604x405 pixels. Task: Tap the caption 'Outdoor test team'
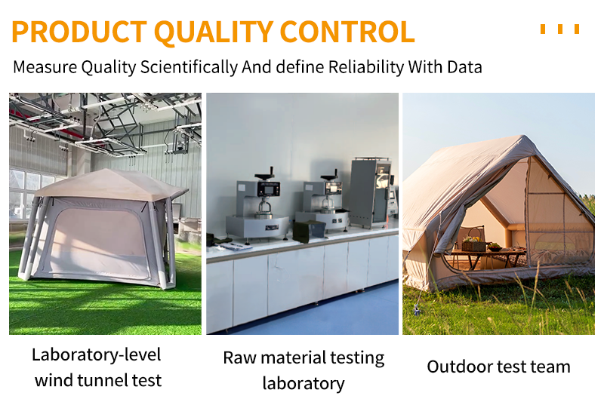coord(498,367)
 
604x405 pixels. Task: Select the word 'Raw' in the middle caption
coord(238,357)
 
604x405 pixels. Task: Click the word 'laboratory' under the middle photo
coord(304,383)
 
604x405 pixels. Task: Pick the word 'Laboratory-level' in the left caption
coord(97,354)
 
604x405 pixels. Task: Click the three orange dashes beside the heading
coord(560,29)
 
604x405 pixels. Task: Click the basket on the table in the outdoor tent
coord(473,244)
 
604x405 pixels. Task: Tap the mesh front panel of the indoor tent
coord(98,241)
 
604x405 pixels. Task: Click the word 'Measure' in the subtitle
coord(45,66)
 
